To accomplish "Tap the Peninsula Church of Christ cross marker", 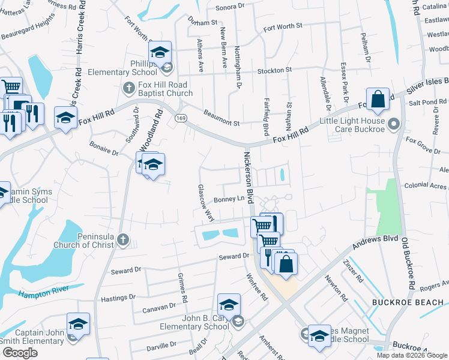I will click(123, 240).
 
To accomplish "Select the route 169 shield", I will click(180, 118).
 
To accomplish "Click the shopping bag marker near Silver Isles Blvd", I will click(379, 101).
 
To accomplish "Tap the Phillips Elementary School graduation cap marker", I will click(160, 54).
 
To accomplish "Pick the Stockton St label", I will click(274, 70).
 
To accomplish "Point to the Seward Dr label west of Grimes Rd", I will click(126, 271).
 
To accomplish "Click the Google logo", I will click(20, 353).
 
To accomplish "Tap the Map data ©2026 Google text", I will click(412, 355).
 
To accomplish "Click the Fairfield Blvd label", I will click(266, 106).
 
